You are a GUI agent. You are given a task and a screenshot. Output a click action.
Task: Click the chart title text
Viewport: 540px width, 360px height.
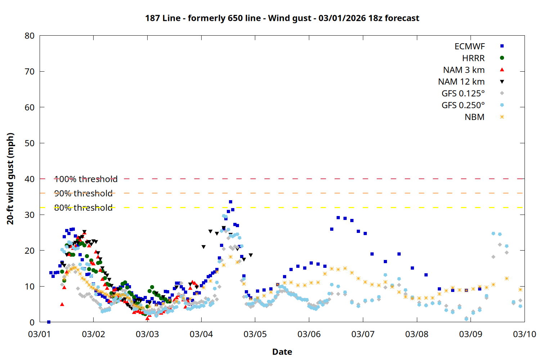pos(282,18)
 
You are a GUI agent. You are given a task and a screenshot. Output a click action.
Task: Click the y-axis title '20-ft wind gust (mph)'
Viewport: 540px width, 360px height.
pos(10,179)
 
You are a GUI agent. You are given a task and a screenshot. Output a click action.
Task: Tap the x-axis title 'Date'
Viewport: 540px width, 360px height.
pos(282,352)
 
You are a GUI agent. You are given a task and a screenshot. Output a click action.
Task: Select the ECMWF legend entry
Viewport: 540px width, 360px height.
pos(469,46)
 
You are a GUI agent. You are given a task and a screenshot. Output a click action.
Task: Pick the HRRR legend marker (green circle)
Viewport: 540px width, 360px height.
pos(502,58)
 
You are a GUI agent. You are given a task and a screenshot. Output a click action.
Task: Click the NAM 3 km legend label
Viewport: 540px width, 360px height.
pos(464,70)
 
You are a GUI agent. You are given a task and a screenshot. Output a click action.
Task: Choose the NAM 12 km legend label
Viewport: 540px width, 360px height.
pos(461,82)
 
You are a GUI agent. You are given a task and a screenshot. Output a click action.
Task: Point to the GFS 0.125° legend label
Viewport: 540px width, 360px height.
pos(463,94)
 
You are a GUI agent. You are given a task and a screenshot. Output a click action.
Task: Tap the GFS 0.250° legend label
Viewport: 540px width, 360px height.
pos(463,105)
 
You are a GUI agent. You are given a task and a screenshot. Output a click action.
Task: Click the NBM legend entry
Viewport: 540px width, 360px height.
pos(474,117)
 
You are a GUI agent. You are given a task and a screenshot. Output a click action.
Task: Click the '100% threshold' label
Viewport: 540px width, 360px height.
pos(86,179)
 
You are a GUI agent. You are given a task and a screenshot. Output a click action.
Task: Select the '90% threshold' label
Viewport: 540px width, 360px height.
pos(83,193)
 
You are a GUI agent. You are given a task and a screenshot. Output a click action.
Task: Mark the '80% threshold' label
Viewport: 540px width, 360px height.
pos(83,208)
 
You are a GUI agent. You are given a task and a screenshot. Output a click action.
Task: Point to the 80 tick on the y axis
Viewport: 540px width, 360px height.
pos(30,36)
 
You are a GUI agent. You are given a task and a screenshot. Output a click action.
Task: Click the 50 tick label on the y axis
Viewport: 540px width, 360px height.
pos(30,143)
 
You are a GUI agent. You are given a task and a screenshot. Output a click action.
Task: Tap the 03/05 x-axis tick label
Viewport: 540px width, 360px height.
pos(255,334)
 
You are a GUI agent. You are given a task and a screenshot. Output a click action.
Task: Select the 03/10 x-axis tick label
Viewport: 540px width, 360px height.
pos(524,334)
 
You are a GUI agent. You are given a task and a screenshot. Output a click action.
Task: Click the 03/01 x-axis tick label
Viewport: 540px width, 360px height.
pos(40,334)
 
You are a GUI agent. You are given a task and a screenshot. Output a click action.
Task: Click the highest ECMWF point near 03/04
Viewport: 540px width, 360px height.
pos(230,202)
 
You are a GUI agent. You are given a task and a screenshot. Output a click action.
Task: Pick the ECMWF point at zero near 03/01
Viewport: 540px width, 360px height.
pos(49,322)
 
